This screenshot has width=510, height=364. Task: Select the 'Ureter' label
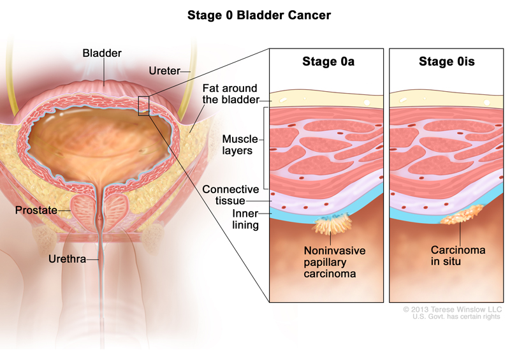click(x=164, y=70)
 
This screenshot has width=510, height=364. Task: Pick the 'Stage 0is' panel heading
click(x=446, y=62)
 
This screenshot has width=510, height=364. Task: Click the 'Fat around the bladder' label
click(x=229, y=94)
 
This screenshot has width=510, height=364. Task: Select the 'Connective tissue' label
click(x=230, y=196)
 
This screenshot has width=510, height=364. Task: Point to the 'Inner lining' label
click(x=245, y=219)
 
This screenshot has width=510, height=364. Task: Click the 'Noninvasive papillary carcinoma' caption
click(x=335, y=262)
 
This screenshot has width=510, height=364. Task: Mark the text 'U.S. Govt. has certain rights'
click(x=456, y=317)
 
